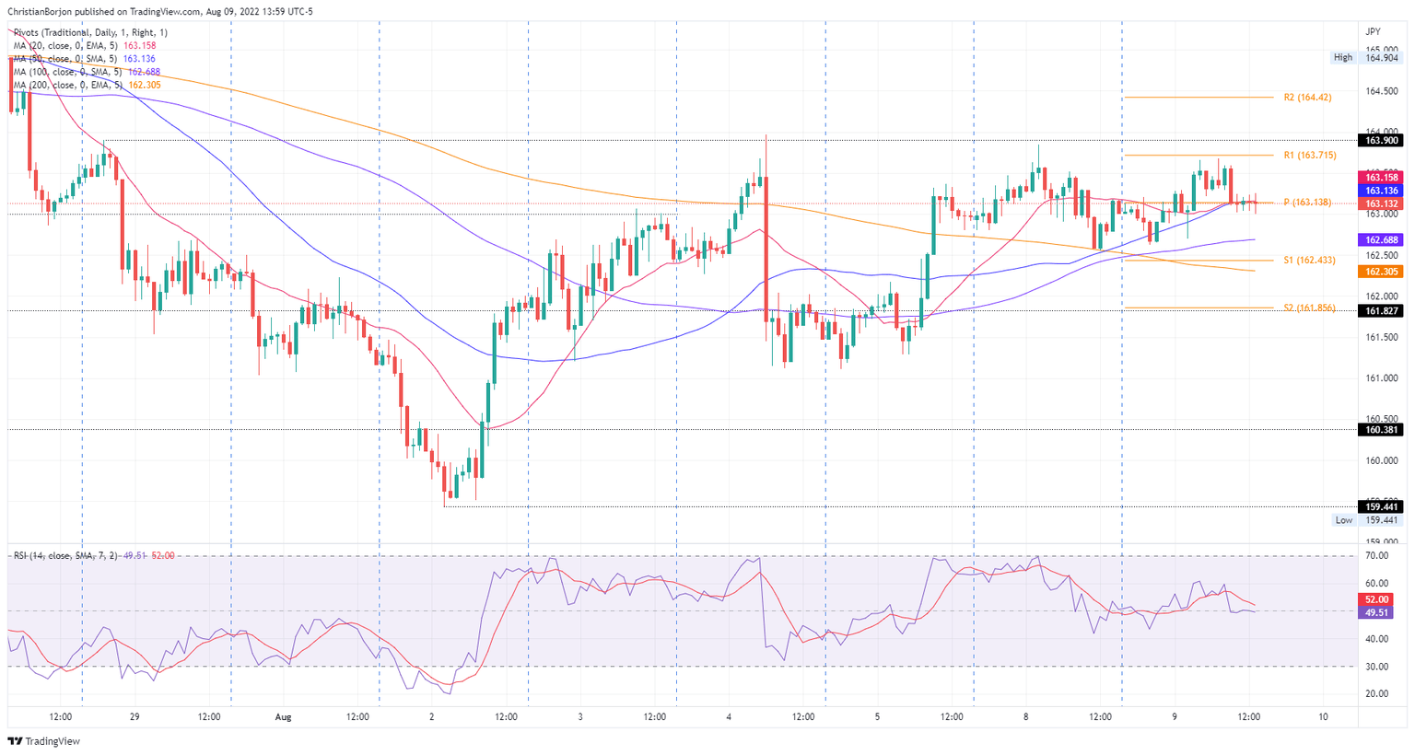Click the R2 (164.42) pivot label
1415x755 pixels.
point(1308,97)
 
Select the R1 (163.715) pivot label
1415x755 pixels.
point(1310,156)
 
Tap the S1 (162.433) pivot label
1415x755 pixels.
point(1309,261)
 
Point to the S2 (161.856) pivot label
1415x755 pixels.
point(1309,308)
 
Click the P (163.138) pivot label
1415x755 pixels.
point(1307,203)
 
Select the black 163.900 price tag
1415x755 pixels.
point(1382,140)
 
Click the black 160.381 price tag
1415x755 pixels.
point(1382,429)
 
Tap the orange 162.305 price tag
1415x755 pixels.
point(1382,272)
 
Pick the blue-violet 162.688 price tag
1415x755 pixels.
point(1382,239)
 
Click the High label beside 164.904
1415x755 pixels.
point(1343,57)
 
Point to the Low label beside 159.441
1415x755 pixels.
point(1344,520)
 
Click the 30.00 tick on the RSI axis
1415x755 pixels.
point(1377,667)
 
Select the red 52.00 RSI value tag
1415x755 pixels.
point(1377,599)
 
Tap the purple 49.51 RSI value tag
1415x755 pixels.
point(1377,612)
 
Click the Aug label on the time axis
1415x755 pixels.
point(284,716)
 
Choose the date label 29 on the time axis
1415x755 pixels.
point(134,716)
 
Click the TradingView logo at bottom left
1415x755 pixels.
point(44,741)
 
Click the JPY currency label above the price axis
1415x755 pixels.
point(1372,31)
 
